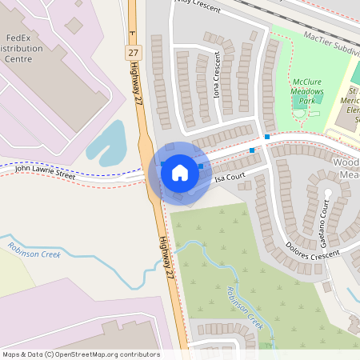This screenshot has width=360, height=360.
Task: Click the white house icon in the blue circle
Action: click(x=179, y=173)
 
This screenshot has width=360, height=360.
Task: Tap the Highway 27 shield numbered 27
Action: click(x=133, y=51)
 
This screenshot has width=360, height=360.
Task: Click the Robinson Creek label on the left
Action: click(x=34, y=249)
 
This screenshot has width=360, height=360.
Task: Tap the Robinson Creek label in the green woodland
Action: click(x=244, y=308)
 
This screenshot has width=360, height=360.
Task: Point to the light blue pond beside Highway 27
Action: click(x=109, y=144)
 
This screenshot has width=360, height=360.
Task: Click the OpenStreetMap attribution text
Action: click(x=81, y=354)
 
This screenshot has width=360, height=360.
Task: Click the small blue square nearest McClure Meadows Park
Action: click(x=267, y=137)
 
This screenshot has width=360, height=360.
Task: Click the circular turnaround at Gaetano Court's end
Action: click(x=327, y=194)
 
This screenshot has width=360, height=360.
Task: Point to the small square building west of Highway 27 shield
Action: click(x=74, y=26)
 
